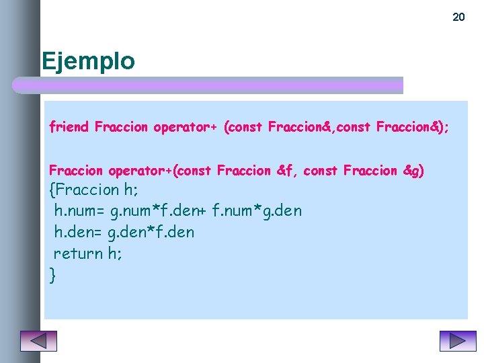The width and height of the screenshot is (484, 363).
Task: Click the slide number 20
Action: click(x=458, y=17)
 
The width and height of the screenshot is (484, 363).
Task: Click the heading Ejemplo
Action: click(x=88, y=61)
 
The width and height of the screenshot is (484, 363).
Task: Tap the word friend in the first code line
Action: click(x=69, y=127)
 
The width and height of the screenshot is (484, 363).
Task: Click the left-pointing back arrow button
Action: click(x=38, y=341)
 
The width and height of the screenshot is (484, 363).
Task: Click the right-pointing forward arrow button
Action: click(x=457, y=341)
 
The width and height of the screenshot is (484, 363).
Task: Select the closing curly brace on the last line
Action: click(x=52, y=275)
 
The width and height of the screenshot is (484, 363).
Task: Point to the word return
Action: click(x=78, y=253)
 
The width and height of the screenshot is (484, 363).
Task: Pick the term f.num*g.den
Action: click(x=257, y=211)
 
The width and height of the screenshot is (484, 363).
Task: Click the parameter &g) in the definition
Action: click(x=413, y=171)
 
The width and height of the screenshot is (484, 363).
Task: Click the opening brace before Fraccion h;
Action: click(x=52, y=190)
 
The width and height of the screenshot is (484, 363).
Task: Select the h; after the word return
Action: click(x=114, y=253)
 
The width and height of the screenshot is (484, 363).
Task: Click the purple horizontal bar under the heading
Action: click(x=208, y=85)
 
